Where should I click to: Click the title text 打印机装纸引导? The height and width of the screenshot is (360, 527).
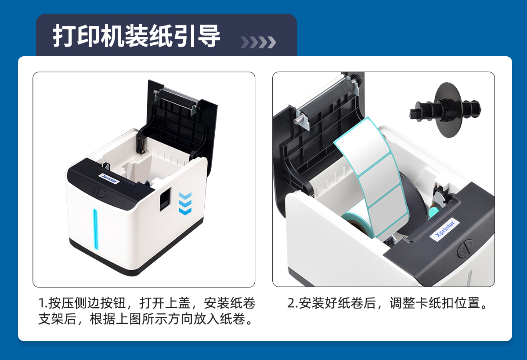pyautogui.click(x=136, y=36)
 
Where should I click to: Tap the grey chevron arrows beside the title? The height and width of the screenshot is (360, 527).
pyautogui.click(x=258, y=42)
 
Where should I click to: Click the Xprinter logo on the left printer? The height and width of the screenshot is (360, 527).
pyautogui.click(x=109, y=179)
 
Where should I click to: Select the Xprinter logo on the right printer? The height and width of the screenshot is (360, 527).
pyautogui.click(x=445, y=230)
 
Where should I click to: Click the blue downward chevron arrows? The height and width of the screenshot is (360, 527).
pyautogui.click(x=185, y=204)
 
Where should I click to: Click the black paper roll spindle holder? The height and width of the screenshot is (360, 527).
pyautogui.click(x=445, y=110)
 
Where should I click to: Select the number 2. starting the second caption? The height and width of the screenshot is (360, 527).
pyautogui.click(x=292, y=303)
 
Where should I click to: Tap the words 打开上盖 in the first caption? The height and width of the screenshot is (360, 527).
pyautogui.click(x=164, y=303)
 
